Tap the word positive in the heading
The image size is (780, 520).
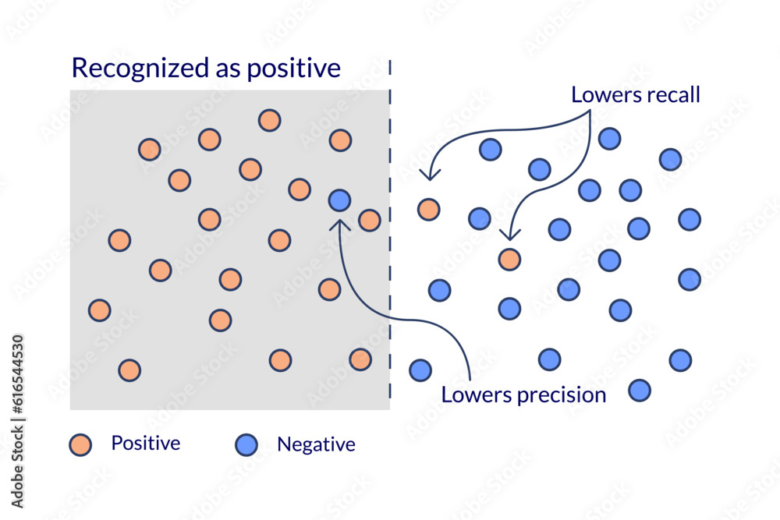pos(294,69)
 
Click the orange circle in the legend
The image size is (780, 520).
pos(80,444)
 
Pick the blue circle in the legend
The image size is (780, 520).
pos(246,444)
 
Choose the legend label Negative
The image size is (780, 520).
pos(316,444)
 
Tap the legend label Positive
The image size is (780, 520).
pos(146,444)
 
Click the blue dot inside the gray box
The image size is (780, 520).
pos(339,200)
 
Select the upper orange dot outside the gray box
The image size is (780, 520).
pos(428,209)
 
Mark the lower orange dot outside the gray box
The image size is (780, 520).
pos(509,259)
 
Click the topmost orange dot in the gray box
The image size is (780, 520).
pos(269,120)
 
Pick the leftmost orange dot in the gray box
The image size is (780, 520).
pos(99,310)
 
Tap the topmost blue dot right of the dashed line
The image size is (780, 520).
pos(609,139)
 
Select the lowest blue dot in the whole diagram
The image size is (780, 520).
pos(640,390)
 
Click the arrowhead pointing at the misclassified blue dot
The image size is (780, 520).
pos(339,224)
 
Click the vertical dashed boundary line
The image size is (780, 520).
pos(390,234)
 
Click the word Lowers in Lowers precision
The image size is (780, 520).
pos(473,394)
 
